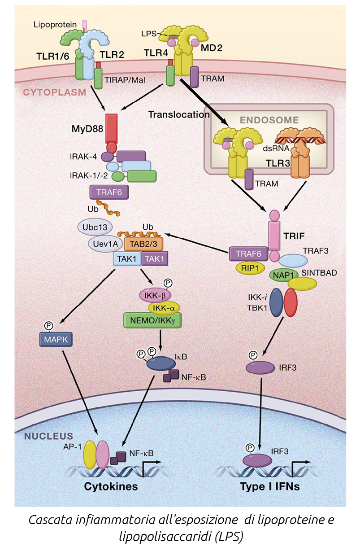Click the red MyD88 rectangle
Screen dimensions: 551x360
[111, 127]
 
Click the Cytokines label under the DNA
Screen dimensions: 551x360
[112, 486]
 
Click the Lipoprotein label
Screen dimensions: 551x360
[56, 23]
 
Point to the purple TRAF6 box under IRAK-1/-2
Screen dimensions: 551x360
[106, 192]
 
